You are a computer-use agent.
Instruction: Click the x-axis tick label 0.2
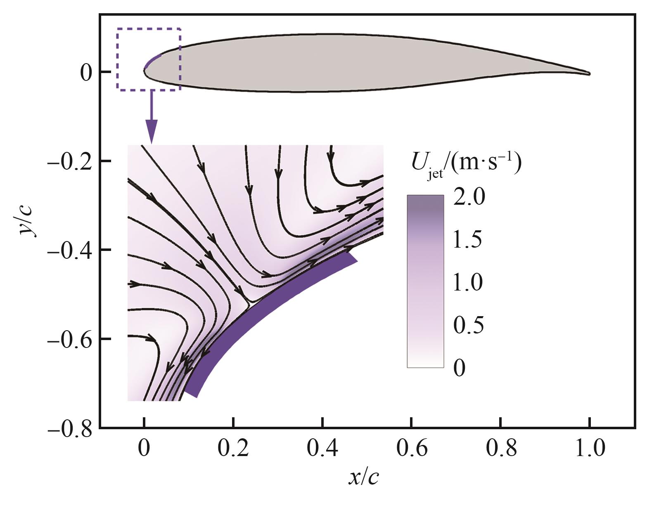coord(233,448)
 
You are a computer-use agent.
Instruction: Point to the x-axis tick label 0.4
coord(322,448)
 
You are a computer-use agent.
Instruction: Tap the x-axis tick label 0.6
coord(412,448)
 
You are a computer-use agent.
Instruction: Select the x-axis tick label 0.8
coord(501,448)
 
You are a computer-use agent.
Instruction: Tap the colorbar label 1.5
coord(467,239)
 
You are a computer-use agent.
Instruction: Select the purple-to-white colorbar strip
coord(425,281)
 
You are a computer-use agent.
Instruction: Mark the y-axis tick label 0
coord(86,73)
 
